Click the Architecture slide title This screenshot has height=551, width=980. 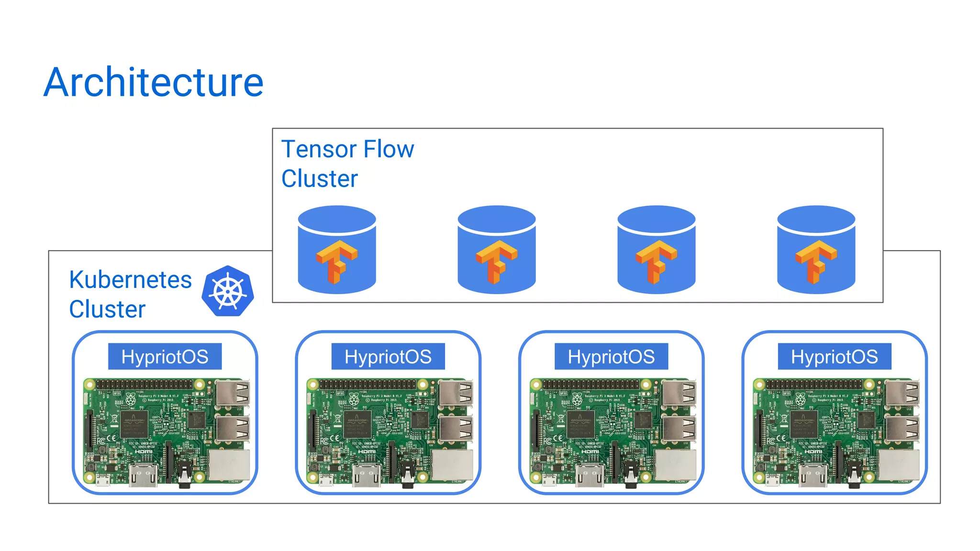click(153, 82)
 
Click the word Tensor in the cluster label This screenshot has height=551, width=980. click(317, 149)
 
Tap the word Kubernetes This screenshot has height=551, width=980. click(130, 280)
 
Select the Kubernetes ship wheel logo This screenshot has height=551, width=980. click(228, 291)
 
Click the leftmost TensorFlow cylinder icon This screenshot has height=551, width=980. click(337, 250)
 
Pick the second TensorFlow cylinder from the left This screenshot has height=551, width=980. click(497, 250)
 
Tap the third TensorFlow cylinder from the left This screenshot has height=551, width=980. click(657, 250)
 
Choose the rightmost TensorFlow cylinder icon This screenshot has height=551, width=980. click(816, 250)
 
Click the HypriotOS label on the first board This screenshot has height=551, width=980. click(165, 357)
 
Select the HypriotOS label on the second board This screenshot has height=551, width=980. click(388, 357)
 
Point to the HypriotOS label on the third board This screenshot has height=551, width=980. click(611, 357)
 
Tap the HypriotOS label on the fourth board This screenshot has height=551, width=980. click(835, 357)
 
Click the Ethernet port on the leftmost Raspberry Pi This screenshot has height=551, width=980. click(229, 465)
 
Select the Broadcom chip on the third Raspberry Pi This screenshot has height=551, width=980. click(581, 424)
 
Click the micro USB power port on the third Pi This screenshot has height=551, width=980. click(549, 479)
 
